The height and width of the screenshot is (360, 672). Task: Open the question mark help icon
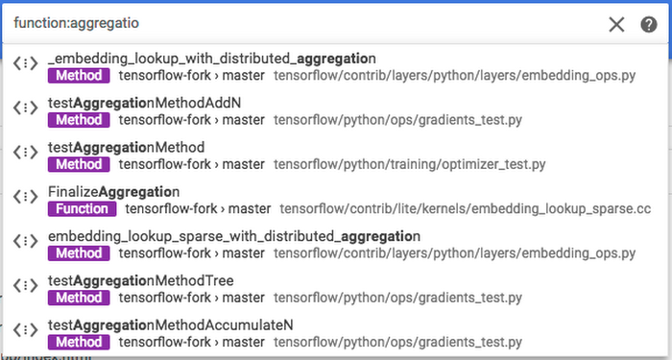[x=649, y=24]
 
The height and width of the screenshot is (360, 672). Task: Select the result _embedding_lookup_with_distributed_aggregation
[x=211, y=59]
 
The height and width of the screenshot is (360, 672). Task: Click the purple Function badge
[x=82, y=208]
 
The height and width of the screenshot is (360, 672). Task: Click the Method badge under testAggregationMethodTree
[x=78, y=298]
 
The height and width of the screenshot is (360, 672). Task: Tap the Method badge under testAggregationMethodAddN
[x=78, y=120]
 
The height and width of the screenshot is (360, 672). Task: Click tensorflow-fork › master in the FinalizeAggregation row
[x=198, y=208]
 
